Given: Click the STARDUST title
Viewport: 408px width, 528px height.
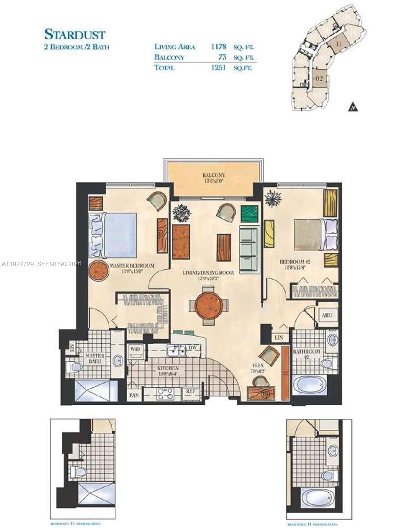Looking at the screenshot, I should coord(75,34).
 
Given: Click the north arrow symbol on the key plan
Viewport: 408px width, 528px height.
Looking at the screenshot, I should coord(353,107).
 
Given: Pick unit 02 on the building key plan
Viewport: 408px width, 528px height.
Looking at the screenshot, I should coord(320,79).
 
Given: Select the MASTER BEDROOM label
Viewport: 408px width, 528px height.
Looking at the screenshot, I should coord(132,266).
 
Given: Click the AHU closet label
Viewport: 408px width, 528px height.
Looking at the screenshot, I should coord(327,315).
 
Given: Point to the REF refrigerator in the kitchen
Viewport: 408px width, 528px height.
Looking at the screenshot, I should coord(191,391).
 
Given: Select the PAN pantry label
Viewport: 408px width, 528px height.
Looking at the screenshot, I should coord(134,395).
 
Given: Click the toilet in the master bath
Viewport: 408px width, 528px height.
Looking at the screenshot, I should coord(76,366).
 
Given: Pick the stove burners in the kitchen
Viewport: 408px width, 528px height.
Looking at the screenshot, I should coord(166,393).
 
